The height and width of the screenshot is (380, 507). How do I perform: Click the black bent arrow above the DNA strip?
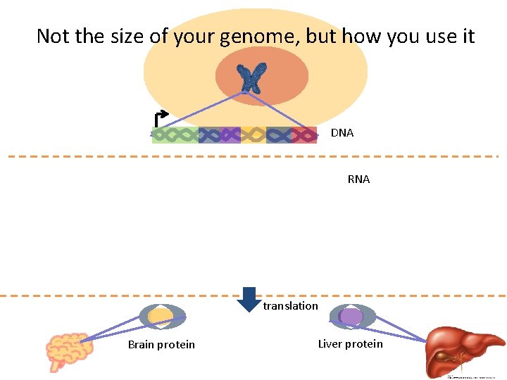(x=161, y=118)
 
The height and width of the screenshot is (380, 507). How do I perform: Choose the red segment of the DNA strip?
(x=304, y=134)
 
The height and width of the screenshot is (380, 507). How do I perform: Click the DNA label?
(x=342, y=133)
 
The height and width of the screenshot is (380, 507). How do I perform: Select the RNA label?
(x=358, y=179)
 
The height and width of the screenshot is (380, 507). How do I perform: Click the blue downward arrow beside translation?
(x=248, y=299)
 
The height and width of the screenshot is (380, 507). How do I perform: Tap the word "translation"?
(x=290, y=306)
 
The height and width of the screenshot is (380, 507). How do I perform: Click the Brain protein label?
(x=161, y=344)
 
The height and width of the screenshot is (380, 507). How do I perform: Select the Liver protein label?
(x=350, y=343)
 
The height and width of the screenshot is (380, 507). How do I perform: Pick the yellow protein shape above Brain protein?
(x=162, y=316)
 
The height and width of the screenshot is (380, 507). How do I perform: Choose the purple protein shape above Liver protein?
(x=351, y=317)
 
